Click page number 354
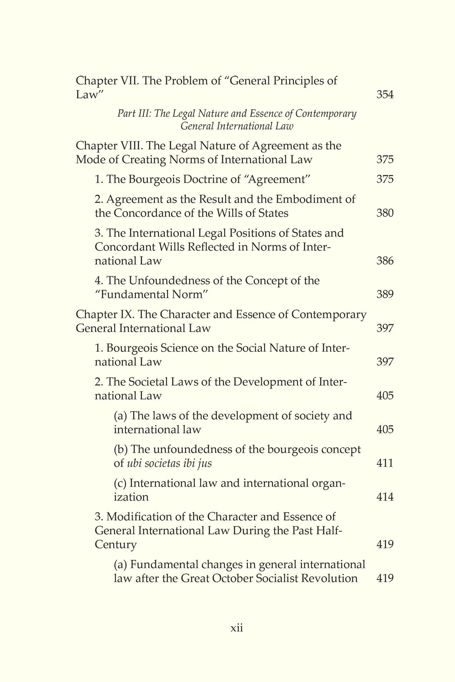(385, 95)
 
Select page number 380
(385, 213)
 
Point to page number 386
(385, 261)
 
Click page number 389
(385, 294)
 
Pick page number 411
(385, 463)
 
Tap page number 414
(385, 497)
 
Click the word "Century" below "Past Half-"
(115, 545)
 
